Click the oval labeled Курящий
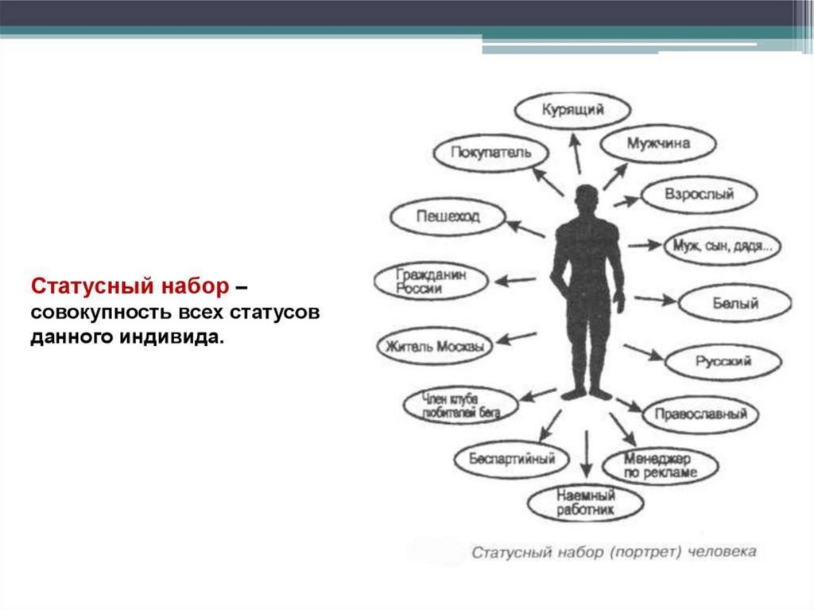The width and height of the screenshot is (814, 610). coord(572,111)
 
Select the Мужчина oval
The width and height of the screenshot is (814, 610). coord(657,144)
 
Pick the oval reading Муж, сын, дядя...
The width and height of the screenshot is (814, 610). coord(723,246)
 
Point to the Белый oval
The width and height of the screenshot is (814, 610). coord(735,303)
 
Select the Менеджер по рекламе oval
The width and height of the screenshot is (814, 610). coord(661,466)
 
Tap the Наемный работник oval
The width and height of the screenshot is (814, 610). coord(585,503)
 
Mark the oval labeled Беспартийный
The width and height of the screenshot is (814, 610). coord(512,459)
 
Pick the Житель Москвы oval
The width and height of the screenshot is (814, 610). coord(434,347)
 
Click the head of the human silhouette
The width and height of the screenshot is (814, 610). coord(586,197)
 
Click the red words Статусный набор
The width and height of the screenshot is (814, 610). coord(130,285)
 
